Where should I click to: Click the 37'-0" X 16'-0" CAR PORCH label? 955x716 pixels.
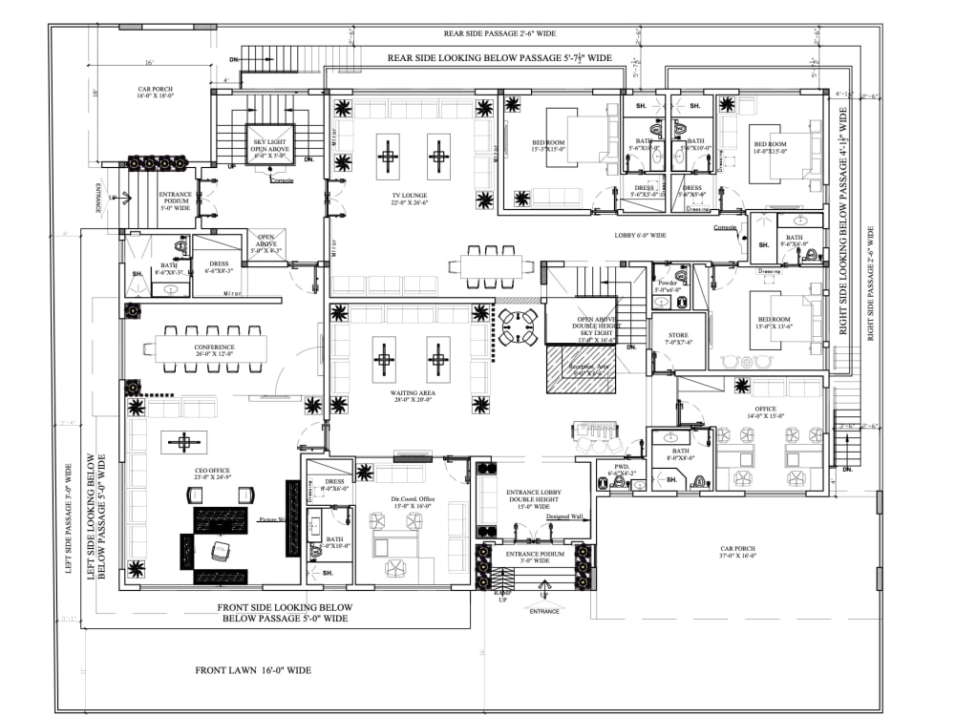(x=738, y=553)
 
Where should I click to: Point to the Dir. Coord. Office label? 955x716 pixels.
(x=412, y=502)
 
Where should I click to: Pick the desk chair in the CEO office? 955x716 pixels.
(x=221, y=551)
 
